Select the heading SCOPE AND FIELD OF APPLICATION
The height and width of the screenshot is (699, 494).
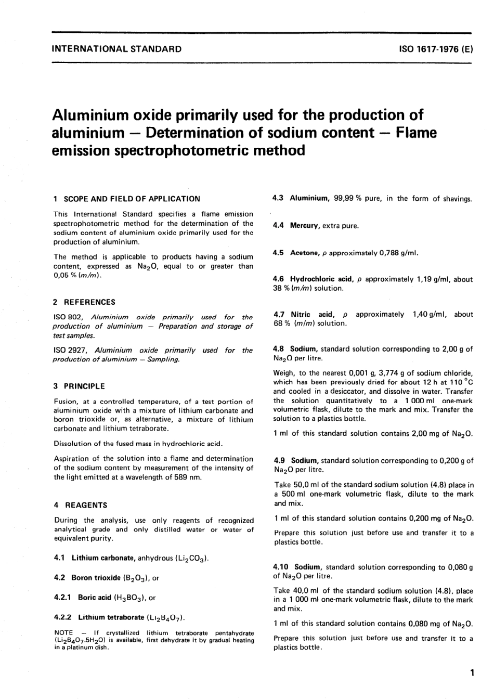click(x=132, y=199)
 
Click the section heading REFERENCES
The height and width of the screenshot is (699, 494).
click(x=89, y=302)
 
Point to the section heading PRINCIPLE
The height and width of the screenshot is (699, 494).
click(x=84, y=386)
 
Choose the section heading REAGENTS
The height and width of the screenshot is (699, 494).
click(x=85, y=505)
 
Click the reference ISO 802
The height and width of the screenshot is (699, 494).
click(x=69, y=317)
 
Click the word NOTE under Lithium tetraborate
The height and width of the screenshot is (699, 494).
click(x=63, y=633)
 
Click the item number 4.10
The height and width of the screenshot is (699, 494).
click(x=281, y=567)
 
